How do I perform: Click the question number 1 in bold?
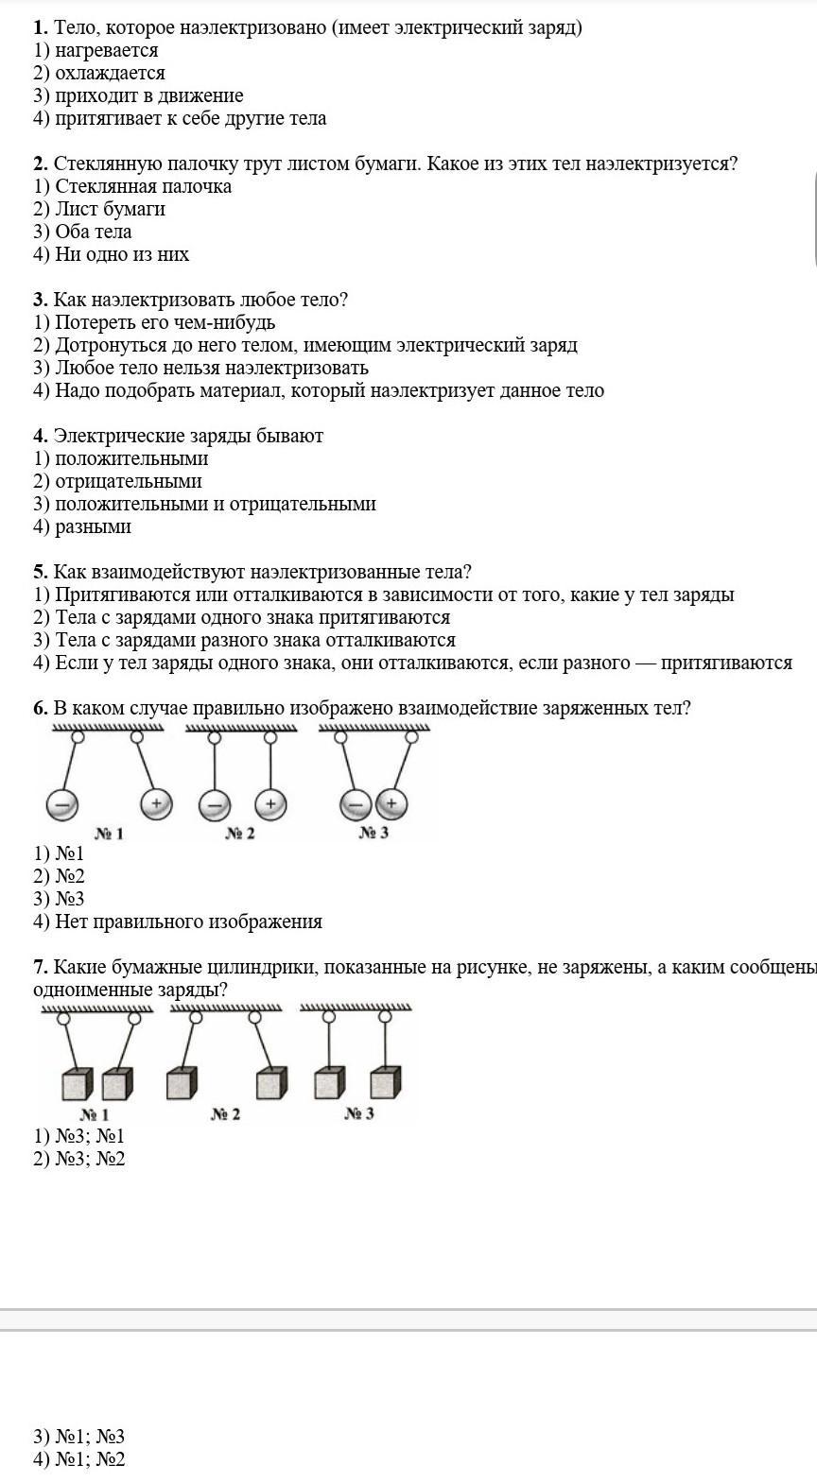[41, 27]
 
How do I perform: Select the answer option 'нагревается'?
[106, 50]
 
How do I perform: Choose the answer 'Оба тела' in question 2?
[93, 232]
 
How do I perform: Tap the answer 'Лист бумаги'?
[110, 209]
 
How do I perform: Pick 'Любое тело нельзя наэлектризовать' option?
[211, 368]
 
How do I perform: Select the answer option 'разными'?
[93, 526]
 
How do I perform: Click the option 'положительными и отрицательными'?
[215, 504]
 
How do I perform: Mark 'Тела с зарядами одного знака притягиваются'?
[252, 617]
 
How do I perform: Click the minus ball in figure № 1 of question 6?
[61, 805]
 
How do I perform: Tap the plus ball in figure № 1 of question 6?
[156, 804]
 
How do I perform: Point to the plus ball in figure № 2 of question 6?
[270, 804]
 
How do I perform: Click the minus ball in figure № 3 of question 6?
[355, 805]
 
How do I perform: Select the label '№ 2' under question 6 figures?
[240, 834]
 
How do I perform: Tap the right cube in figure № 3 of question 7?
[385, 1083]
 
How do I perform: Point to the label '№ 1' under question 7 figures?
[95, 1114]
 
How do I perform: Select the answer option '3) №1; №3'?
[79, 1437]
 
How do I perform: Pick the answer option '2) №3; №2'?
[79, 1159]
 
